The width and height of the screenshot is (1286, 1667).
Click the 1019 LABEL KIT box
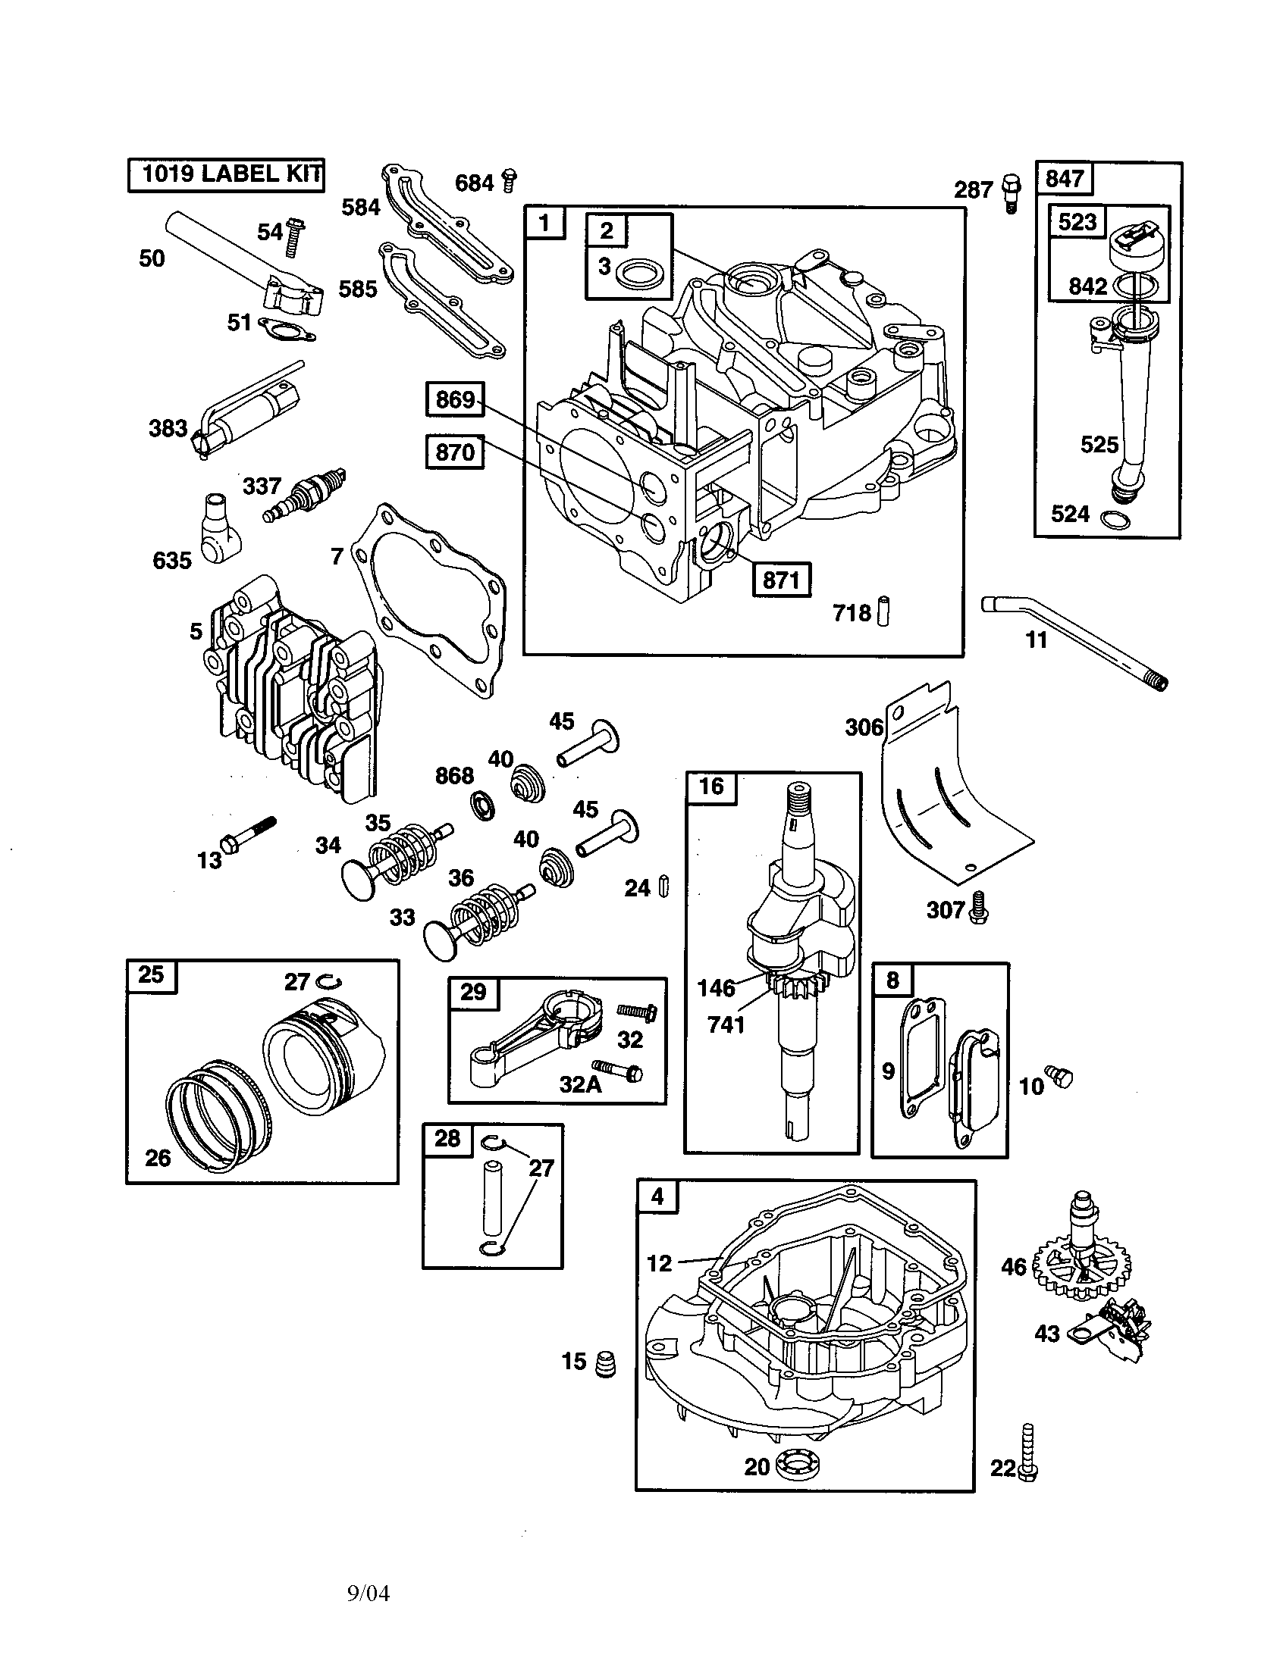pyautogui.click(x=226, y=175)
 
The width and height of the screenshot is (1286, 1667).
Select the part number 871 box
pyautogui.click(x=781, y=580)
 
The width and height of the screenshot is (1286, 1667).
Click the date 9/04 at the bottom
pyautogui.click(x=368, y=1593)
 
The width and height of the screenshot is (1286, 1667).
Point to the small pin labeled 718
pyautogui.click(x=883, y=611)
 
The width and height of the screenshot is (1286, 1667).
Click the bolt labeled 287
pyautogui.click(x=1009, y=195)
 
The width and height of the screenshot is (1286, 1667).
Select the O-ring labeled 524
pyautogui.click(x=1115, y=521)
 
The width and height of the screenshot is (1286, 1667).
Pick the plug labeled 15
pyautogui.click(x=605, y=1362)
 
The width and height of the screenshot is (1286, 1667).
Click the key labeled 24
pyautogui.click(x=663, y=887)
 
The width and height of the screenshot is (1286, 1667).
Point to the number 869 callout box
pyautogui.click(x=454, y=400)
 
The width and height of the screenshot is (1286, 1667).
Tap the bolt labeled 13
pyautogui.click(x=246, y=835)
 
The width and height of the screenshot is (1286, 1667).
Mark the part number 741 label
pyautogui.click(x=726, y=1024)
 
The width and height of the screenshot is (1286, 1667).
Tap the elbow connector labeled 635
pyautogui.click(x=215, y=529)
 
